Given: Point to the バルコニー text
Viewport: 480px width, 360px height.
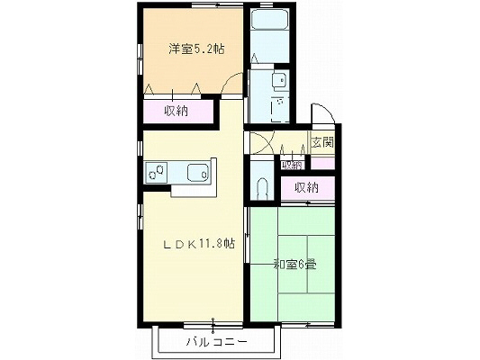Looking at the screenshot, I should pos(215,342).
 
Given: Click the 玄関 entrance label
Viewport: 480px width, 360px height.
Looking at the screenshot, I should pos(322,142).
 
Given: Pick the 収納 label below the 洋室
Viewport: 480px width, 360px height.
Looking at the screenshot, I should pos(177,112).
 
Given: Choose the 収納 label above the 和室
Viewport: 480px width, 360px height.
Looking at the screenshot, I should pos(306,187).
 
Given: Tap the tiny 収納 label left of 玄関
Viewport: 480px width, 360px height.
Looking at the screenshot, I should pos(291,165).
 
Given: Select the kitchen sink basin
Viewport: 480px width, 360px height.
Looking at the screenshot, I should pos(195,171).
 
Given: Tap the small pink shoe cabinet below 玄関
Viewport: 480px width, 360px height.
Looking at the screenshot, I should pos(322,164).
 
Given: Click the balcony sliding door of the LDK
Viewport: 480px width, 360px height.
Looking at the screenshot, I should pos(213,322).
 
